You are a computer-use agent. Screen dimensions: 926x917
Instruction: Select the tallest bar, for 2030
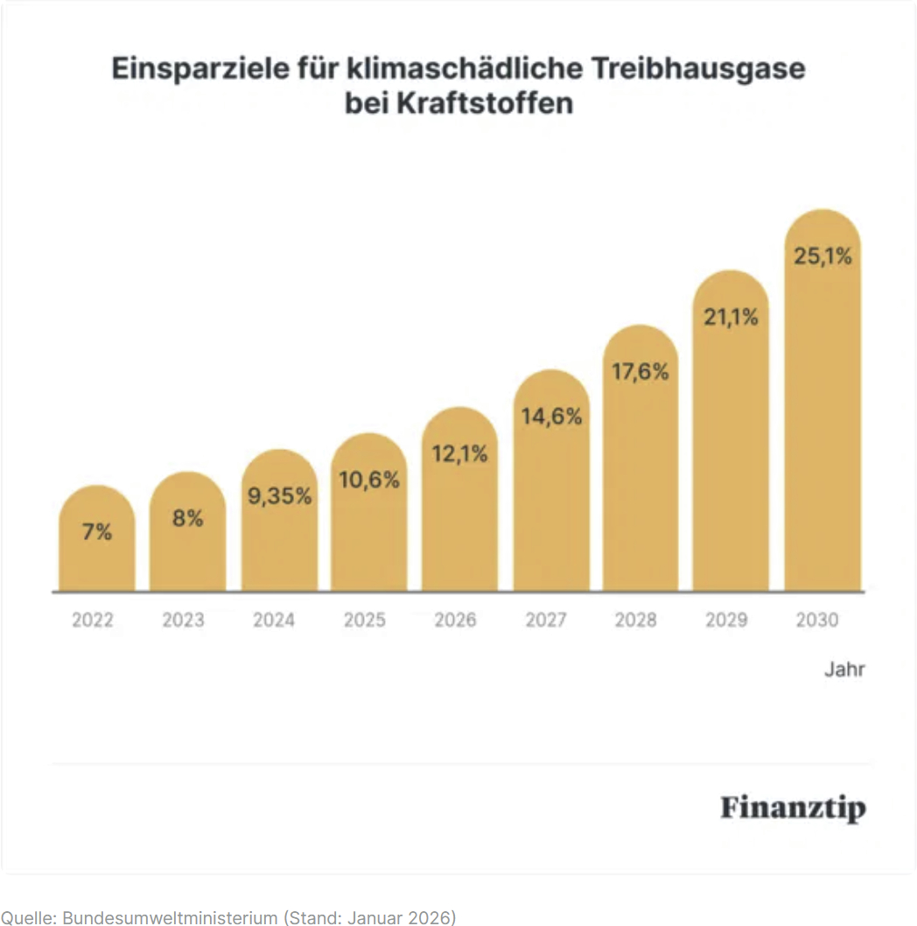pyautogui.click(x=822, y=420)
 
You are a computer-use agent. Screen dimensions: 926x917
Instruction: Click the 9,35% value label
pyautogui.click(x=279, y=496)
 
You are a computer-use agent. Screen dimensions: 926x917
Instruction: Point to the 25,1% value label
pyautogui.click(x=822, y=257)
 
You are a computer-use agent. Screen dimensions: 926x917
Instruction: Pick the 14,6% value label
pyautogui.click(x=551, y=417)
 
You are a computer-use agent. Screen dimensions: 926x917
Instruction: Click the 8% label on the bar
pyautogui.click(x=187, y=518)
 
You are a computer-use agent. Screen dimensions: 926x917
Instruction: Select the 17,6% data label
pyautogui.click(x=640, y=372)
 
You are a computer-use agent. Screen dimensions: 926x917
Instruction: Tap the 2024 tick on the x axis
pyautogui.click(x=274, y=620)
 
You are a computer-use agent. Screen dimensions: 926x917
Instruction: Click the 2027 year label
pyautogui.click(x=546, y=620)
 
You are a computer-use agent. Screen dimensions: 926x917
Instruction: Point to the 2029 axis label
pyautogui.click(x=726, y=620)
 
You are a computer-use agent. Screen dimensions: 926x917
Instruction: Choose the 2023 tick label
pyautogui.click(x=183, y=620)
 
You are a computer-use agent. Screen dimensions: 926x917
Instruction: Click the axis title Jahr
pyautogui.click(x=844, y=670)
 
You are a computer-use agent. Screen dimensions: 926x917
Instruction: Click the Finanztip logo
pyautogui.click(x=793, y=807)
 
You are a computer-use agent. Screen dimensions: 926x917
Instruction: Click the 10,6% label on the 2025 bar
pyautogui.click(x=369, y=480)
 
